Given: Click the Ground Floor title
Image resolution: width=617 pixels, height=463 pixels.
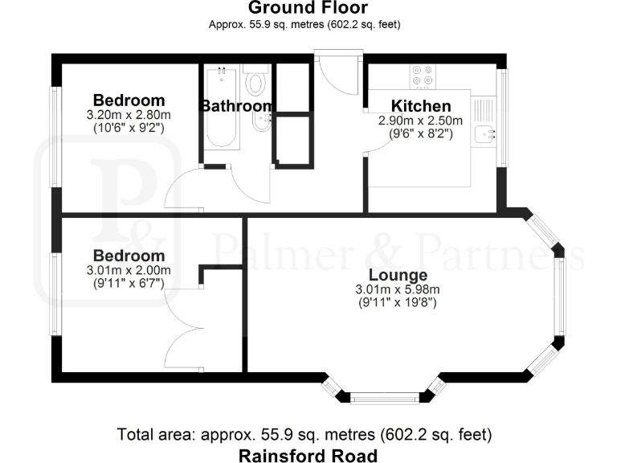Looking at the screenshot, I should coord(308,9).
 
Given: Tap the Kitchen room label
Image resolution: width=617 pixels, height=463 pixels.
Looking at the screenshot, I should coord(420,106).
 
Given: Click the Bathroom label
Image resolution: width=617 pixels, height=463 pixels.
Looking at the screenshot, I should coord(236,106).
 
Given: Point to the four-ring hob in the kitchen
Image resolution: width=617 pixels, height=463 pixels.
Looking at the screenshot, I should coord(423,75).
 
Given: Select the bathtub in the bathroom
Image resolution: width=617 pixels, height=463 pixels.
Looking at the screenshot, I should coord(220,107).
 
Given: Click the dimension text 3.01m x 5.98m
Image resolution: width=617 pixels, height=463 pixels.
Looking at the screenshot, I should coord(397,290).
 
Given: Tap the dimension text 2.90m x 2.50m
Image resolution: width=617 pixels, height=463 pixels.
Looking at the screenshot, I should coord(420,121).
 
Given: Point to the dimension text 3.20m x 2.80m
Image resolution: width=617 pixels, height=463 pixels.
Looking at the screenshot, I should coord(129,115).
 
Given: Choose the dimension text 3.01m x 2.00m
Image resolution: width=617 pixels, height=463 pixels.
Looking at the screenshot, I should coord(129,271).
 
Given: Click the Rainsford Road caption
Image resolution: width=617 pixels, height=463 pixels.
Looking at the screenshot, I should coord(308,456).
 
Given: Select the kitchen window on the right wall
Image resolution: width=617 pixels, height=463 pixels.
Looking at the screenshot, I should coord(504,117).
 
